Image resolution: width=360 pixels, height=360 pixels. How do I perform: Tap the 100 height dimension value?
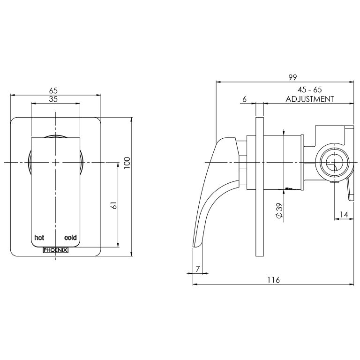[x=127, y=162]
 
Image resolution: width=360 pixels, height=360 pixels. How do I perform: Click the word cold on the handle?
[x=70, y=237]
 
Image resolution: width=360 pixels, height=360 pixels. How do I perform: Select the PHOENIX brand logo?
[x=55, y=250]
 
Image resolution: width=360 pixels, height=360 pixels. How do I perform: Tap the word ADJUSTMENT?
[x=310, y=99]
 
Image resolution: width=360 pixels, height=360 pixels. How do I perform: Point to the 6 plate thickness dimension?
[x=245, y=99]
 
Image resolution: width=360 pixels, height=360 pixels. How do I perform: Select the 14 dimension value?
[x=344, y=214]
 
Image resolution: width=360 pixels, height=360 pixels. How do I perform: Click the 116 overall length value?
[x=273, y=280]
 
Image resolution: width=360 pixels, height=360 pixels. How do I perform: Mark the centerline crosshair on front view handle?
[x=56, y=162]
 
